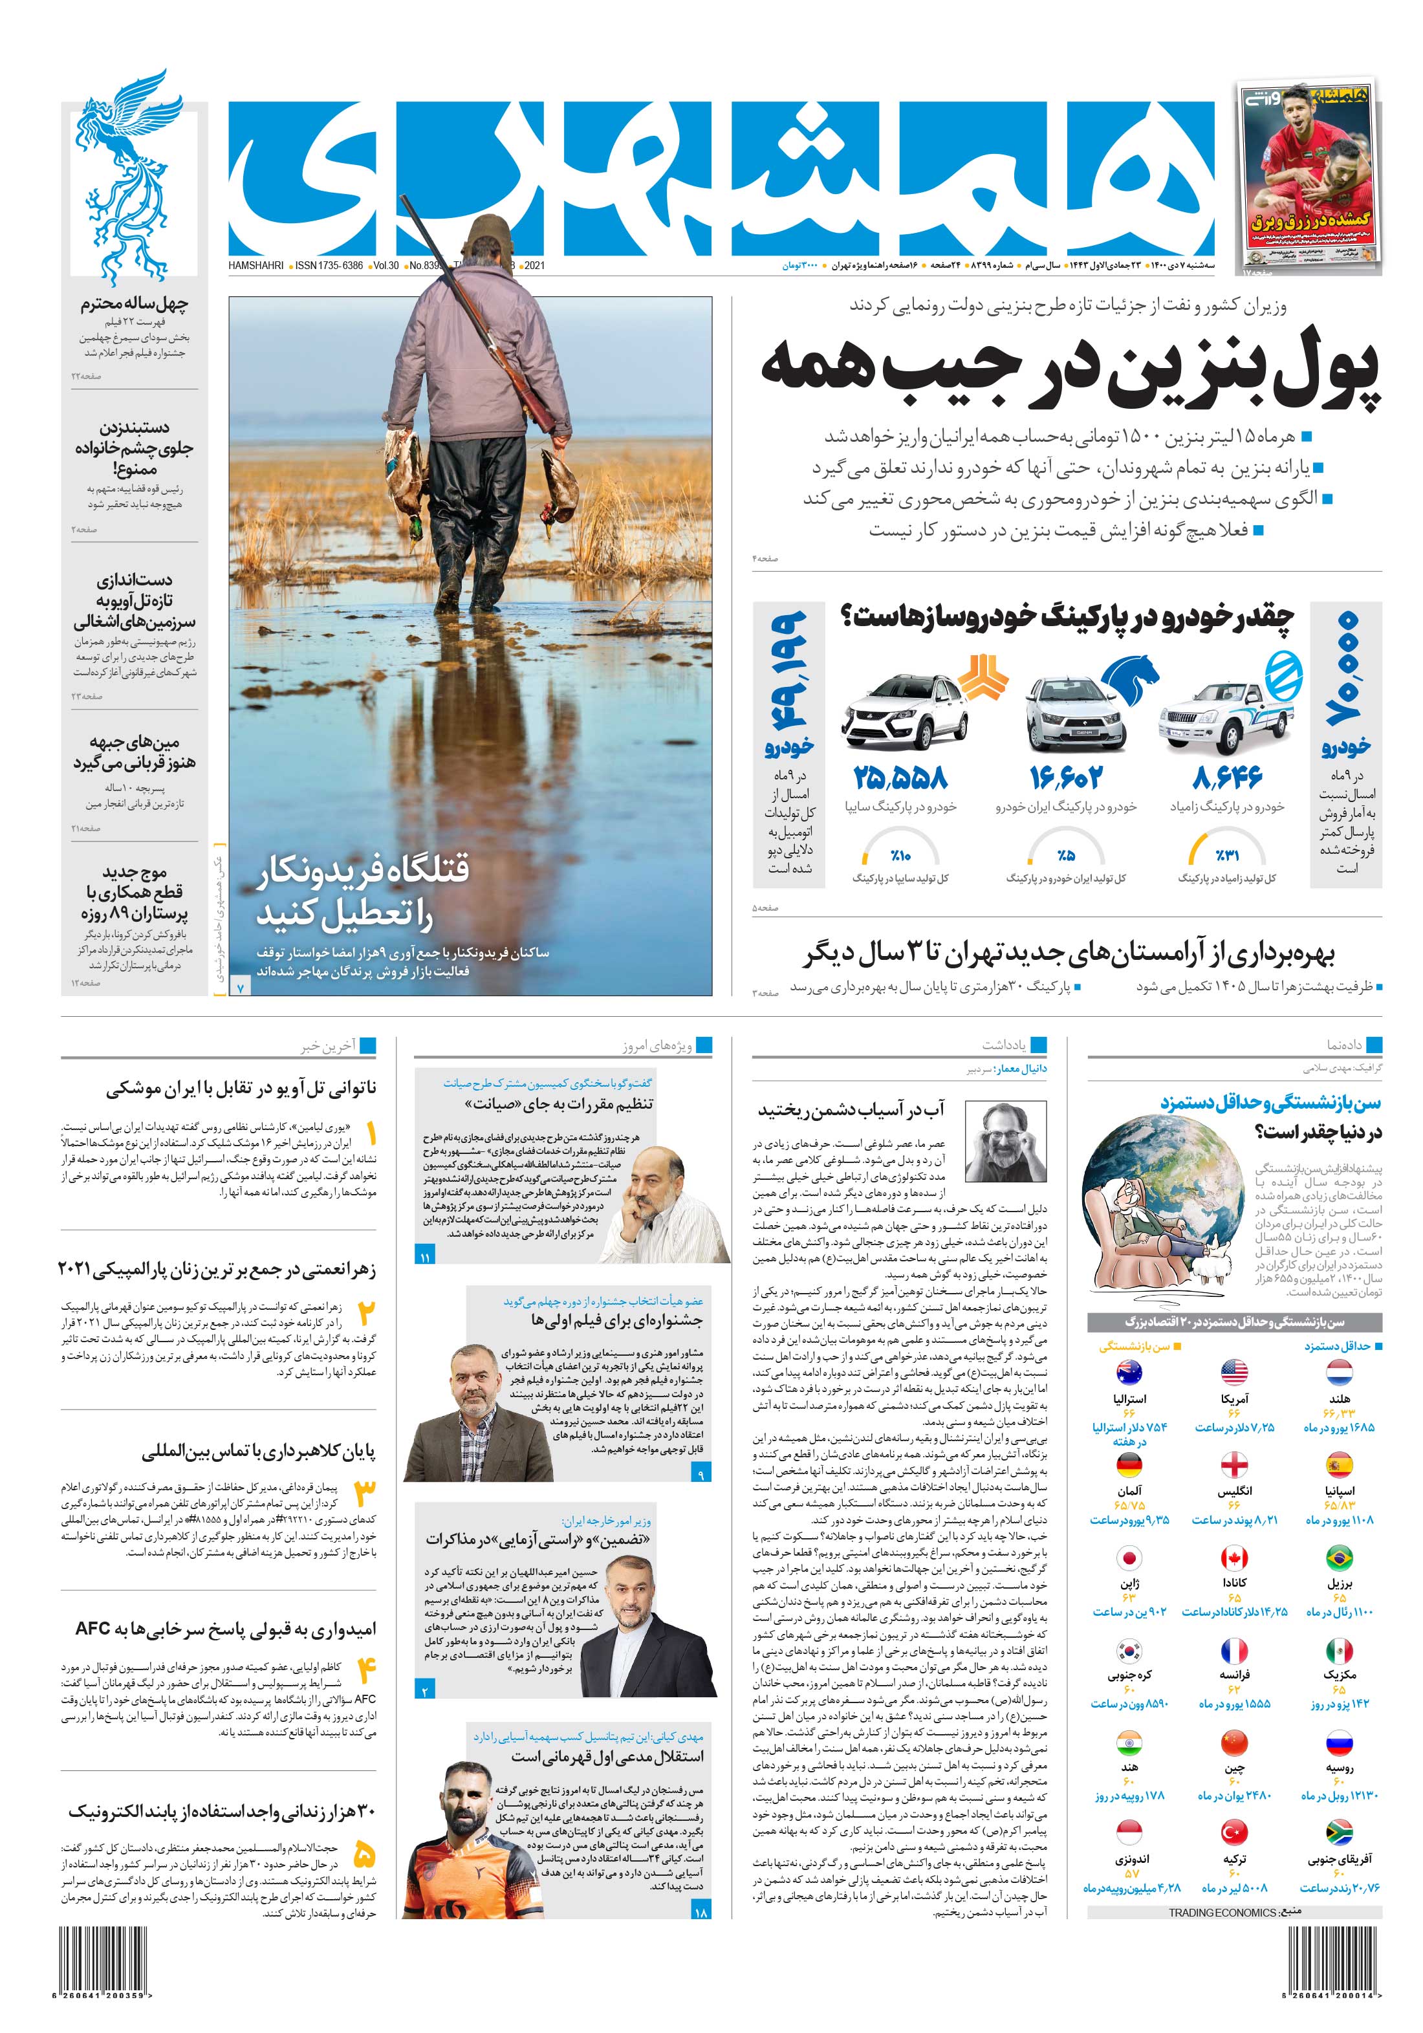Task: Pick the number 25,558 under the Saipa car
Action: point(900,777)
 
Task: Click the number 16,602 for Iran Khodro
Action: point(1066,777)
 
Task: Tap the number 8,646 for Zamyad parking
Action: point(1227,777)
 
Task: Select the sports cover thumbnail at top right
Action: point(1309,175)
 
